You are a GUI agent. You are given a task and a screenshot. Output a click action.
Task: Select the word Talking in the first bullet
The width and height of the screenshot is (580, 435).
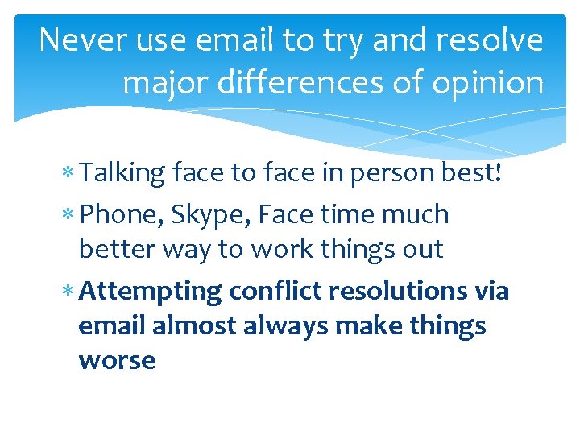click(123, 172)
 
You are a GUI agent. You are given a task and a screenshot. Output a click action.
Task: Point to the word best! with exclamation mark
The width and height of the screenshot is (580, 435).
click(481, 172)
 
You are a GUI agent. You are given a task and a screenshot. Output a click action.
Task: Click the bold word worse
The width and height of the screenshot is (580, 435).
click(117, 360)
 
